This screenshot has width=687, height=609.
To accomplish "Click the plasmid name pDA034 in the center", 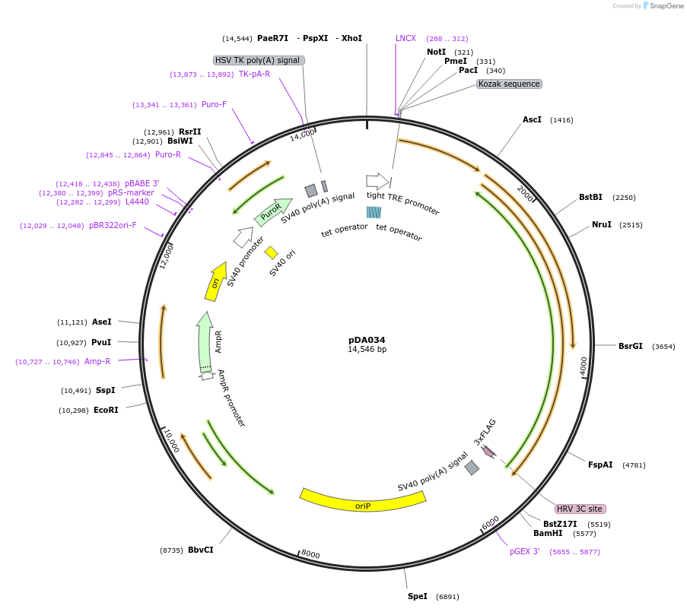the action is click(x=367, y=340).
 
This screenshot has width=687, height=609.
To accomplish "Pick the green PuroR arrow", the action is click(x=271, y=212).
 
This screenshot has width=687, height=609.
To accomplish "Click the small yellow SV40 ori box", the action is click(x=272, y=252).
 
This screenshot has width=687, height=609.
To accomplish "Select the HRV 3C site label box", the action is click(x=580, y=509).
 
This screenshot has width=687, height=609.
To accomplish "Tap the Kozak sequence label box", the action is click(x=509, y=84).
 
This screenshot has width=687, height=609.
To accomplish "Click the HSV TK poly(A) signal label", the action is click(x=259, y=60).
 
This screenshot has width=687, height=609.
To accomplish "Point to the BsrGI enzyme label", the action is click(x=630, y=346).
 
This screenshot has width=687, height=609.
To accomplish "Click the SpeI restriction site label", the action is click(x=417, y=596).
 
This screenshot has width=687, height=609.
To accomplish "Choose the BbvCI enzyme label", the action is click(x=200, y=550).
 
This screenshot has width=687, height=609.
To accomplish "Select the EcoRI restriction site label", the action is click(x=106, y=411).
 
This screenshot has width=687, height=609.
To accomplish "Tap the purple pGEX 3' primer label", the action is click(x=525, y=551).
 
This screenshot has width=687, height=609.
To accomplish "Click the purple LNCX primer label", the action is click(x=406, y=38).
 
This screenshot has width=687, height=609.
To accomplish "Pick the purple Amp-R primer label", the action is click(x=97, y=362).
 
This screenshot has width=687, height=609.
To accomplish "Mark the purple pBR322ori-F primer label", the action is click(x=113, y=225).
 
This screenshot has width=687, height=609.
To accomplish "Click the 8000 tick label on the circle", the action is click(x=310, y=554).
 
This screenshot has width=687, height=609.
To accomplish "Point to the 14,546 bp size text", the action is click(x=367, y=350).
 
